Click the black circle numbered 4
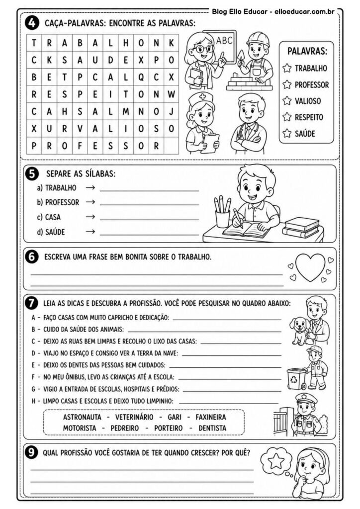(x=31, y=22)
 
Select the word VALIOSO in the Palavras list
(x=307, y=101)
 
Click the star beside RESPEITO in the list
(x=286, y=117)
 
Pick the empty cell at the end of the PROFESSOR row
(x=171, y=146)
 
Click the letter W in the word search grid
(x=171, y=94)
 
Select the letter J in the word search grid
(x=171, y=111)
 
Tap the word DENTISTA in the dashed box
(x=212, y=427)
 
